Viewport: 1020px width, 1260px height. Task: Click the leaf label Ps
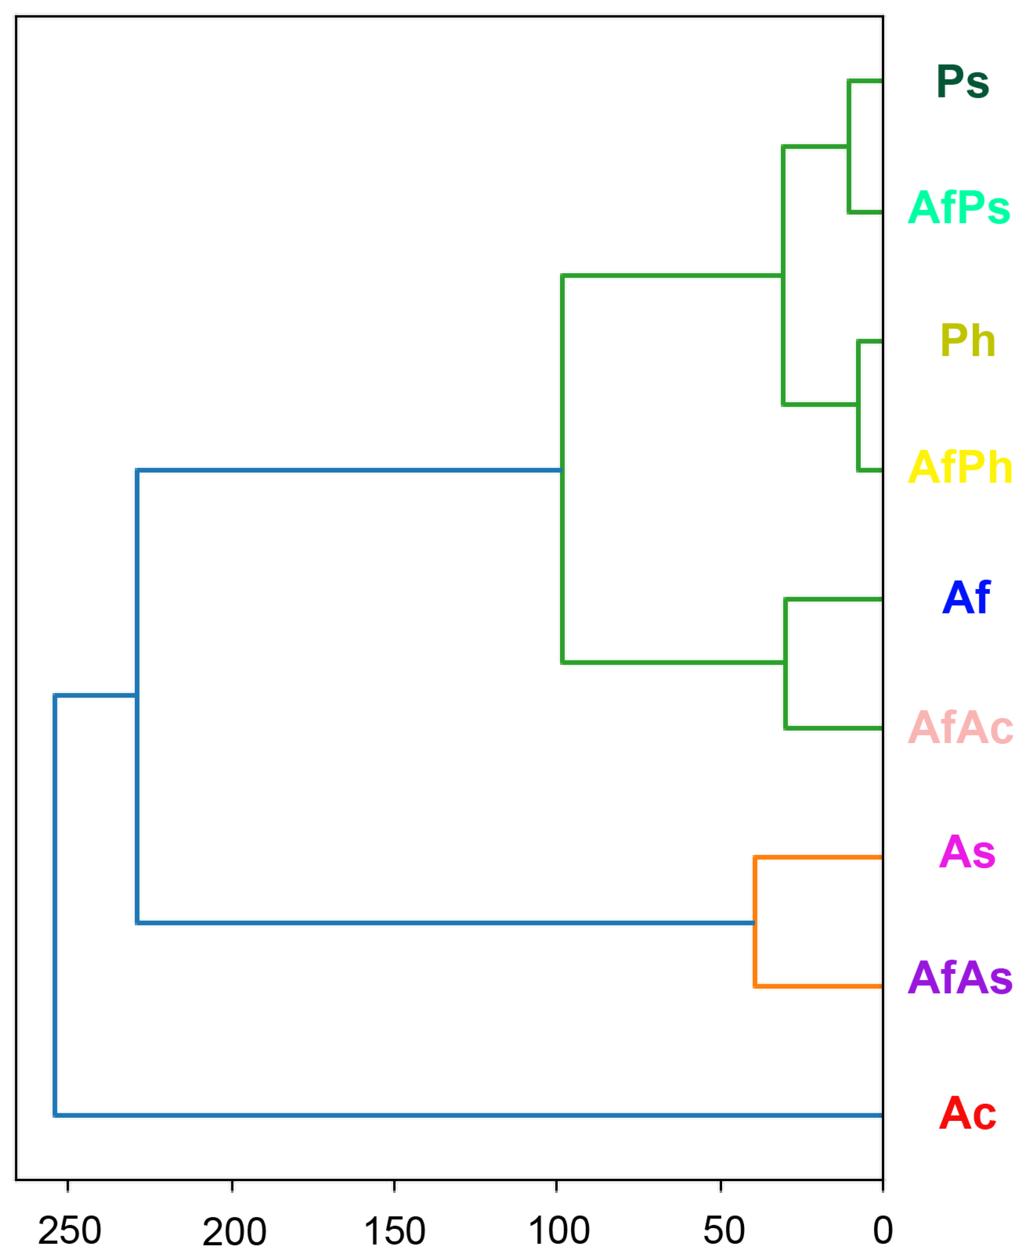[x=963, y=82]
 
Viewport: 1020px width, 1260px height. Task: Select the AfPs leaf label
[x=958, y=208]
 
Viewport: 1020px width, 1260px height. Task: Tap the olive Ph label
[x=967, y=341]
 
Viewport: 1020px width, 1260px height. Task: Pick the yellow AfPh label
[x=959, y=467]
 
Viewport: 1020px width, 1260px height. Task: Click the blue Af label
[x=966, y=598]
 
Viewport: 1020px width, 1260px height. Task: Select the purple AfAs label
[x=959, y=978]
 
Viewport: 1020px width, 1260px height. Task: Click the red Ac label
[x=967, y=1113]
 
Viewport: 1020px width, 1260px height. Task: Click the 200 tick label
[x=234, y=1231]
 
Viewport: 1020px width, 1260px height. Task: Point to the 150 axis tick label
[x=394, y=1231]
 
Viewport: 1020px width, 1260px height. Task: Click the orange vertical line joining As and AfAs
[x=755, y=922]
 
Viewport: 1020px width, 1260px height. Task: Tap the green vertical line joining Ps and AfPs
[x=849, y=146]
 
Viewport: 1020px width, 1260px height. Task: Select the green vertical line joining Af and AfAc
[x=786, y=664]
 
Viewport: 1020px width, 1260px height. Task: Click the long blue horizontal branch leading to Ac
[x=470, y=1115]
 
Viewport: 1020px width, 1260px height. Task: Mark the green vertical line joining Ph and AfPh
[x=858, y=405]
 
